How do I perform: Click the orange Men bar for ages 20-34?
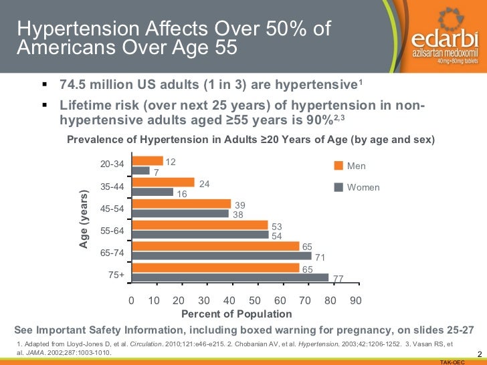(148, 161)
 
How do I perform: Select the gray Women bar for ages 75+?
(231, 277)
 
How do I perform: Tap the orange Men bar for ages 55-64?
(200, 225)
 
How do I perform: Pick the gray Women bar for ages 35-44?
(153, 192)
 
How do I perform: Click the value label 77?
(338, 279)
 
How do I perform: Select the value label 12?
(171, 162)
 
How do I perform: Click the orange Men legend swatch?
(338, 166)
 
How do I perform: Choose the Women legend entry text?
(363, 188)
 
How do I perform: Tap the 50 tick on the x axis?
(255, 301)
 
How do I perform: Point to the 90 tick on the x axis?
(355, 301)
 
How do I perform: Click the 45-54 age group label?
(112, 209)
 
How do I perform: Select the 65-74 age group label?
(112, 253)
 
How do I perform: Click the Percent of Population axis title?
(237, 314)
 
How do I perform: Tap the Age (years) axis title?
(84, 219)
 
